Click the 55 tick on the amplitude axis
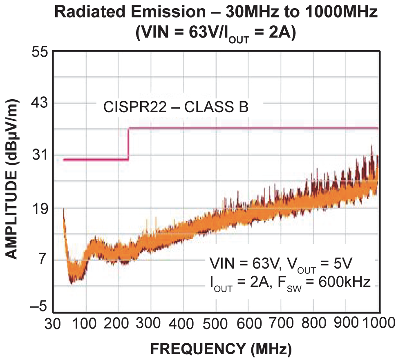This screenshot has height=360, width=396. [40, 52]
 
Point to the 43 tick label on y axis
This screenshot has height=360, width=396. [40, 103]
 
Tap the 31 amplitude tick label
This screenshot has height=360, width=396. [40, 155]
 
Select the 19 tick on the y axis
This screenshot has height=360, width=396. [40, 208]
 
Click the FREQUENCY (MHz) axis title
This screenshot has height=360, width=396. [221, 349]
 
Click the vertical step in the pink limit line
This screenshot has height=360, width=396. [128, 144]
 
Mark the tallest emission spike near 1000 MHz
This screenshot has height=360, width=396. [371, 147]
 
